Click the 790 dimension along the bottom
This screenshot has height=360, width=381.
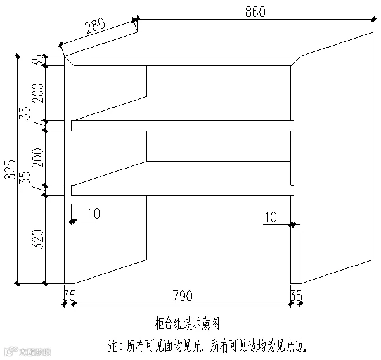(x=183, y=295)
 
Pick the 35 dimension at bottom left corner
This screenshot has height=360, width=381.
(x=70, y=295)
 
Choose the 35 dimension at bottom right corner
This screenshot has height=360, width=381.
(x=296, y=295)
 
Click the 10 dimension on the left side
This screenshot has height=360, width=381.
(x=93, y=214)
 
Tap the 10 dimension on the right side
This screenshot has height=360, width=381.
(x=270, y=217)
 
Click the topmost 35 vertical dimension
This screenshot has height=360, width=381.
(x=38, y=61)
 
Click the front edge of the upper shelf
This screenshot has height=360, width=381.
(x=183, y=125)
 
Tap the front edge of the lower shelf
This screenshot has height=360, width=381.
(x=183, y=190)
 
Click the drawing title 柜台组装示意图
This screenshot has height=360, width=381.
(x=187, y=323)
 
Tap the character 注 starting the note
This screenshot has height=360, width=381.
(x=114, y=346)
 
